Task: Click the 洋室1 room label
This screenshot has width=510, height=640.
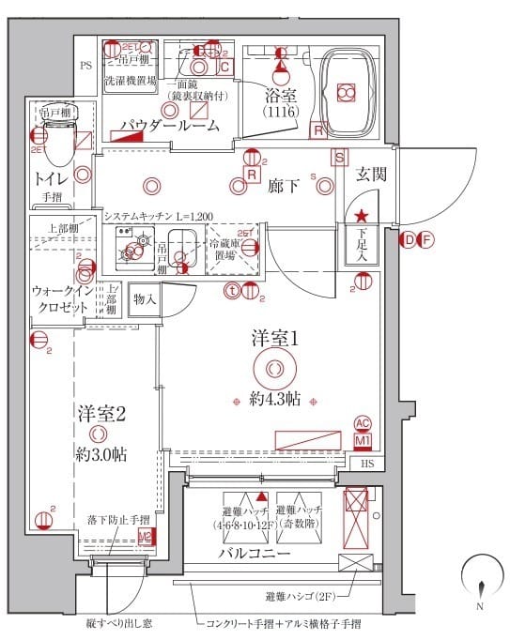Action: [x=274, y=337]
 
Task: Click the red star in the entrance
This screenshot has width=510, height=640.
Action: [x=361, y=218]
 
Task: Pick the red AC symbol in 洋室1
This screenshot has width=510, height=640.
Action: [x=363, y=423]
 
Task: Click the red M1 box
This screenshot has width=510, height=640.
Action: [x=363, y=439]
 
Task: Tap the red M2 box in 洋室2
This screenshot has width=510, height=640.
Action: [x=145, y=537]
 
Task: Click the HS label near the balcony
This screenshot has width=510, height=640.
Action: [x=367, y=463]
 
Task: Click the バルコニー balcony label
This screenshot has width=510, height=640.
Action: [x=256, y=554]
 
